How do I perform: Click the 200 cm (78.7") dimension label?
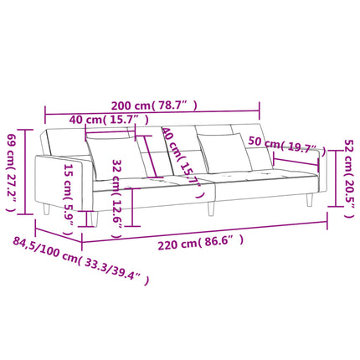(x=154, y=105)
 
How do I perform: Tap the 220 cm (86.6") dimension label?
(x=201, y=243)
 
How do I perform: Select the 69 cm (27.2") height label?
(x=11, y=172)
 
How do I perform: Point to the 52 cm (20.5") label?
(x=349, y=178)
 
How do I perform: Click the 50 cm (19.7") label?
(x=287, y=145)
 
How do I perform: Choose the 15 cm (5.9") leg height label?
(x=69, y=200)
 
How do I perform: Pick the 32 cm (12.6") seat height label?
(x=117, y=198)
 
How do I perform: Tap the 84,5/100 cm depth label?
(x=81, y=260)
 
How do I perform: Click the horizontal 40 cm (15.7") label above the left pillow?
(x=109, y=120)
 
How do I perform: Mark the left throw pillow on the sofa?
(x=116, y=157)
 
